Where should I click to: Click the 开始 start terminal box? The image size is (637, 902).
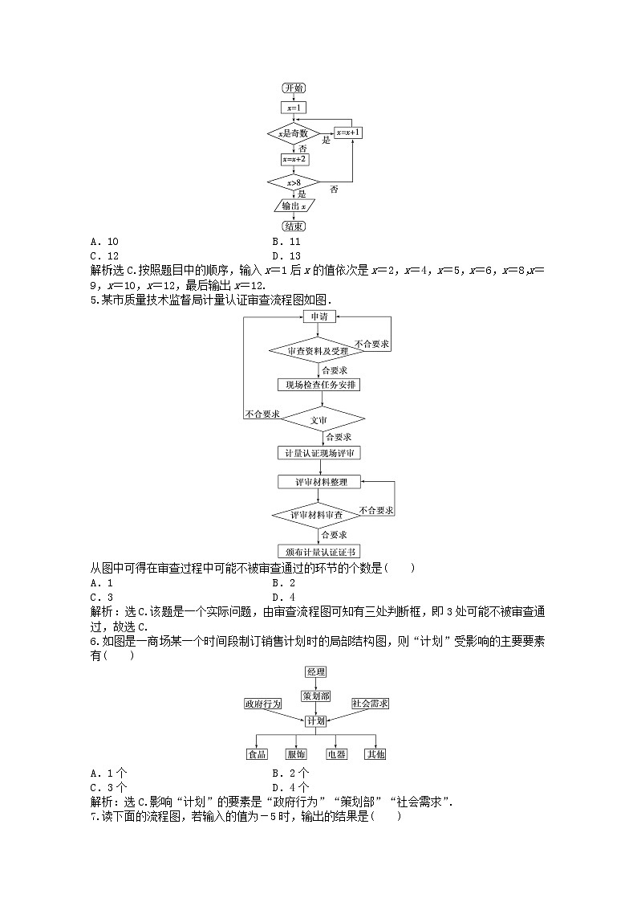pos(294,88)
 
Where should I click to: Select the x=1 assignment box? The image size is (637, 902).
pos(294,107)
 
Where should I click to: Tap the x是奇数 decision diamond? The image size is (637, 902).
pos(294,133)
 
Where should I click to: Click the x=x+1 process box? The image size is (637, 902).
pos(347,133)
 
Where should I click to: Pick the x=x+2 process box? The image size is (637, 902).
pos(294,159)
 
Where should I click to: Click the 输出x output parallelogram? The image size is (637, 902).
pos(294,206)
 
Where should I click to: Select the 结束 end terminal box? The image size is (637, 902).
pos(294,227)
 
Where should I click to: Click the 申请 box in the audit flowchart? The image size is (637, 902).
pos(318,316)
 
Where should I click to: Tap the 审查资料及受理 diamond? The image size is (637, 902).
pos(318,350)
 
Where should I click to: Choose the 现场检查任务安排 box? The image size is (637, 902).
pos(318,385)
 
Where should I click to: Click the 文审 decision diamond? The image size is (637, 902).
pos(318,419)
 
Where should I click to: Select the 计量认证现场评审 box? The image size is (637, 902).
pos(318,453)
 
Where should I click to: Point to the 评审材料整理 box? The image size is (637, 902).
pos(318,482)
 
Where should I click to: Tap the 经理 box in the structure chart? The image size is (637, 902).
pos(316,671)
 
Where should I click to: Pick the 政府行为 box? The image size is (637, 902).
pos(263,704)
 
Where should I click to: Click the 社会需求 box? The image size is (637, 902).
pos(370,704)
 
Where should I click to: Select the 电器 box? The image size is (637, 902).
pos(335,754)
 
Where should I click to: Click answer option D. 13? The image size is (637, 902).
pos(286,255)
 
